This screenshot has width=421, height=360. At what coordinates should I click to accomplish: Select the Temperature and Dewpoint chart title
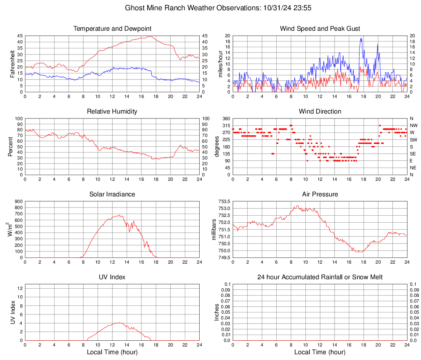coord(112,29)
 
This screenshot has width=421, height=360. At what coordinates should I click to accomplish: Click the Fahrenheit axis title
coord(12,64)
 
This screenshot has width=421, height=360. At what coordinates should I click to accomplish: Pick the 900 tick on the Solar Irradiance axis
coord(18,201)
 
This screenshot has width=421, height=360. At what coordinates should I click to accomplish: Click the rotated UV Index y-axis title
coord(12,312)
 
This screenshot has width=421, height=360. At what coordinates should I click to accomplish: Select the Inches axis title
coord(217,312)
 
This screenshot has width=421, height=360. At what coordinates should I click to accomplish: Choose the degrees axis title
coord(217,146)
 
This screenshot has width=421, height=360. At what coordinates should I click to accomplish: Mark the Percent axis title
coord(11,146)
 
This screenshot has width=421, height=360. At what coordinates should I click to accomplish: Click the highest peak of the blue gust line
coord(361,38)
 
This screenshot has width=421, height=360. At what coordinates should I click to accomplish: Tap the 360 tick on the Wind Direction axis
coord(225,118)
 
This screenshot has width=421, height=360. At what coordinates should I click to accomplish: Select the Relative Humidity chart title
coord(112,112)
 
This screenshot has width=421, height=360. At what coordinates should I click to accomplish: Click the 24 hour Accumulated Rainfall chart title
coord(320,277)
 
